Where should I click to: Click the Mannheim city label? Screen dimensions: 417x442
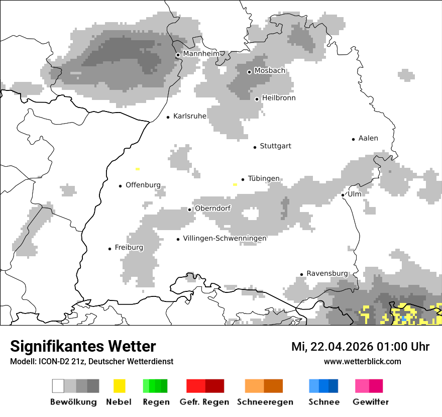click(201, 54)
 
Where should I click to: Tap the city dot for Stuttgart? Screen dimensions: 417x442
click(255, 147)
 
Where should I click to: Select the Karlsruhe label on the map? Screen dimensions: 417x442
click(189, 116)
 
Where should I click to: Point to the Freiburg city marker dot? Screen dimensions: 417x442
click(109, 249)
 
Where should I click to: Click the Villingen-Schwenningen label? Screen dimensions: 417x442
click(225, 238)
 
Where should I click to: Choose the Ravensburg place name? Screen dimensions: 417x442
click(327, 273)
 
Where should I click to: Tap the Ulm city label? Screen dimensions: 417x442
click(355, 194)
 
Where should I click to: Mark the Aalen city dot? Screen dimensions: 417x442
click(353, 139)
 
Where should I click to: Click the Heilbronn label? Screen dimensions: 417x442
click(279, 98)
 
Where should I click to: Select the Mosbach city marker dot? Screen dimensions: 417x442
click(249, 72)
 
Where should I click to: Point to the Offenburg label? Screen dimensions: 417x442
click(143, 185)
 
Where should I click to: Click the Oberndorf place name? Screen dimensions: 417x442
click(212, 208)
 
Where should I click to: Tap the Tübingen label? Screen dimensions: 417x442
click(264, 178)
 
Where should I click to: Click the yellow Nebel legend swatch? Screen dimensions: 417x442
click(119, 386)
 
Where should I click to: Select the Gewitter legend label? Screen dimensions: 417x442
click(370, 402)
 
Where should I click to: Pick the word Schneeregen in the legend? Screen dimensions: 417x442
click(265, 402)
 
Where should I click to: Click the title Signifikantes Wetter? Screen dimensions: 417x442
click(83, 346)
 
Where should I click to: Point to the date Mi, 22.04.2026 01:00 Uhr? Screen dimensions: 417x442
click(360, 347)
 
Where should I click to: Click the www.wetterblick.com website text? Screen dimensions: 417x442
click(362, 361)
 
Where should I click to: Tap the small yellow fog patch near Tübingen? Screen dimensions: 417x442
click(235, 184)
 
